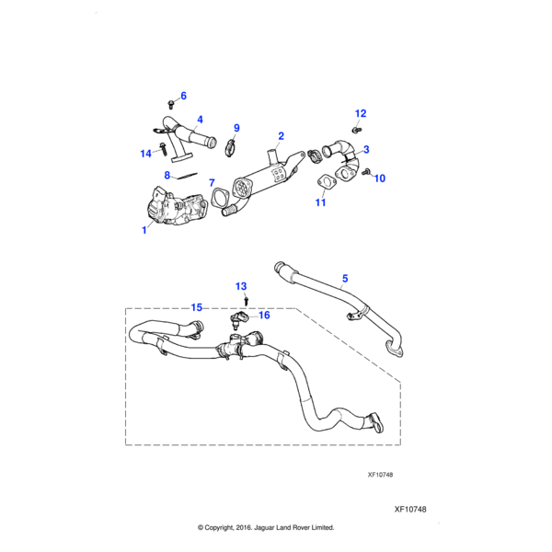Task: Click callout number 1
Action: click(144, 231)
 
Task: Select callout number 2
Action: click(281, 135)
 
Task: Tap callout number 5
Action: click(345, 277)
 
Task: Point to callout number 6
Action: click(183, 96)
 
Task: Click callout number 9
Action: click(236, 128)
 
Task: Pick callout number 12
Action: click(361, 113)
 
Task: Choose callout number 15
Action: click(196, 306)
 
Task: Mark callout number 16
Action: click(264, 315)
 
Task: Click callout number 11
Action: click(321, 201)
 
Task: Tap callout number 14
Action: click(145, 153)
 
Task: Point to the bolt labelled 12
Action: click(358, 129)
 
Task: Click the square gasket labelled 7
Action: click(222, 199)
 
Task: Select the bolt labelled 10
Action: click(366, 172)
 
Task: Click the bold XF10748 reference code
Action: click(410, 508)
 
